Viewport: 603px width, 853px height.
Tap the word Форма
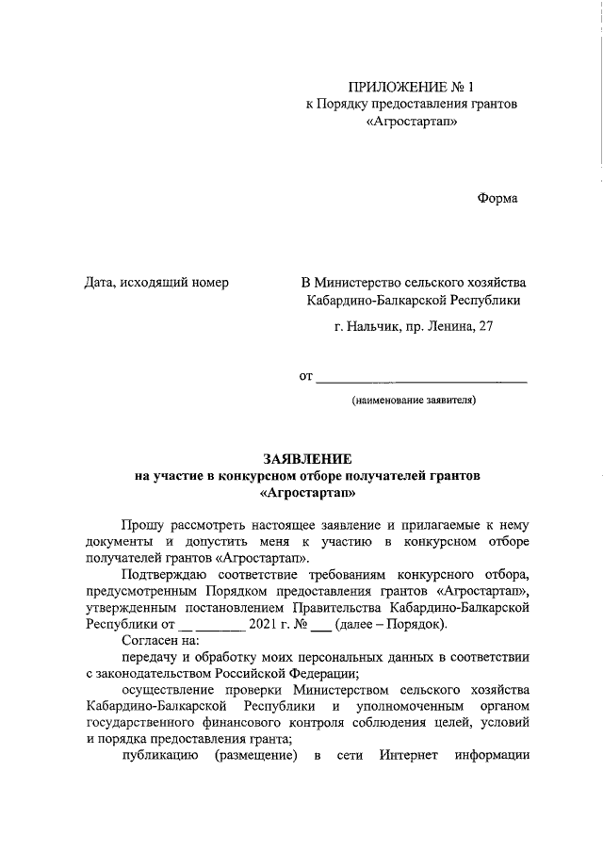coord(497,198)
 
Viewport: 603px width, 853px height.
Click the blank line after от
coord(420,380)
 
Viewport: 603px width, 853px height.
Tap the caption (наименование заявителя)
coord(414,401)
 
